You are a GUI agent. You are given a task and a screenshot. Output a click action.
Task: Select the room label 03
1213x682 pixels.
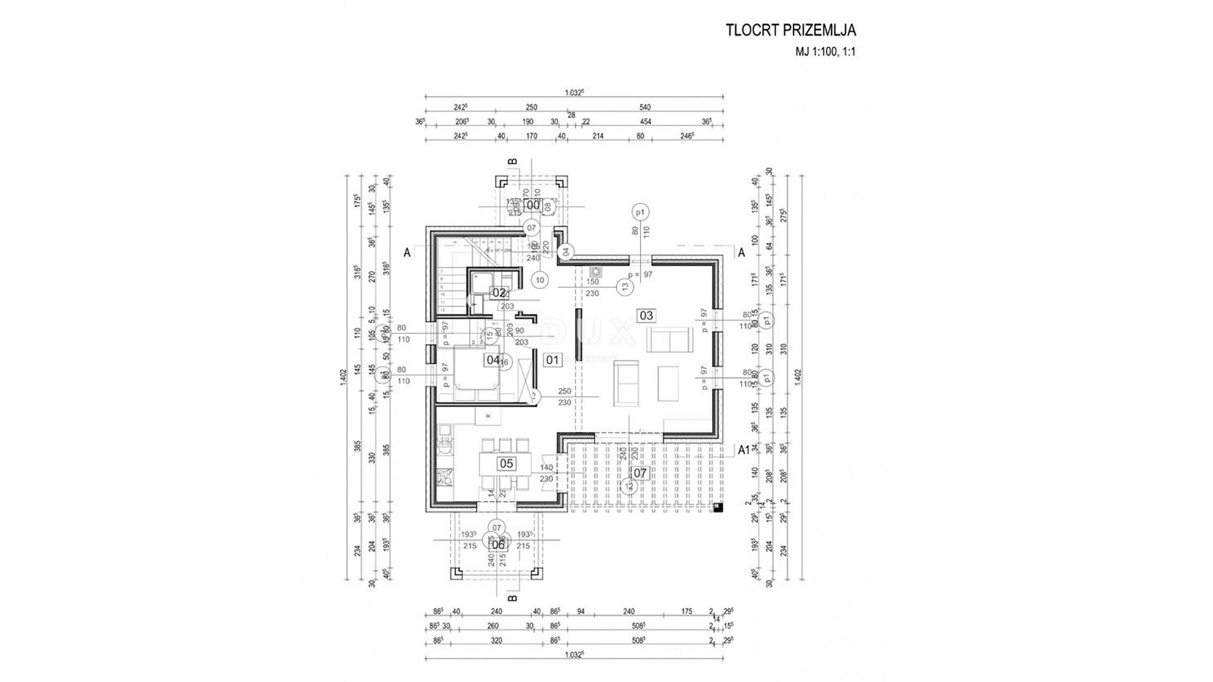coord(646,316)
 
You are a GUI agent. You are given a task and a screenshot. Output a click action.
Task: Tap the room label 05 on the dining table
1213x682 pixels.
coord(506,464)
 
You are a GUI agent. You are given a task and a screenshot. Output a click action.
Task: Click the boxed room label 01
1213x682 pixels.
coord(553,360)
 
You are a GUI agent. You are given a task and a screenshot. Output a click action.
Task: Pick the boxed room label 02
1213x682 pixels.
coord(499,292)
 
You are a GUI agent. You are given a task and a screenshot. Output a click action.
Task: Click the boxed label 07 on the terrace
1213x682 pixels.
coord(640,472)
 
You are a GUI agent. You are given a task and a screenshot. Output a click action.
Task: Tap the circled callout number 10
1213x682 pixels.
coord(540,280)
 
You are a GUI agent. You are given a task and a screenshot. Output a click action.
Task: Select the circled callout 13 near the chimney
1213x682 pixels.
coord(625,287)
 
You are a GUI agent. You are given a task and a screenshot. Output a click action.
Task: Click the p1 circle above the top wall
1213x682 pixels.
coord(641,212)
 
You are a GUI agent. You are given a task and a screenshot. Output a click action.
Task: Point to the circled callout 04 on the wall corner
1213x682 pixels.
coord(566,252)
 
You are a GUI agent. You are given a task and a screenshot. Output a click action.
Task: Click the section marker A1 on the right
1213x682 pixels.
coord(744,450)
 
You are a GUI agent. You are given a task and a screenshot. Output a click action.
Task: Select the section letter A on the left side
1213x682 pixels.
coord(408,252)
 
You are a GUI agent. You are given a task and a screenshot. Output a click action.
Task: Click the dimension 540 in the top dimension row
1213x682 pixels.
coord(644,107)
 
